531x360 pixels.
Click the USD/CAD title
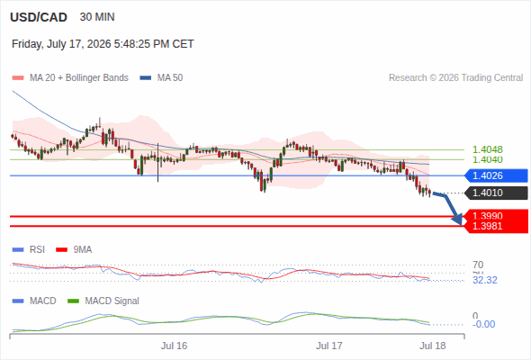pyautogui.click(x=39, y=17)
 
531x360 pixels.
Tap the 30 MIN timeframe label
pyautogui.click(x=97, y=17)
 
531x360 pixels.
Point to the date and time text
pyautogui.click(x=103, y=44)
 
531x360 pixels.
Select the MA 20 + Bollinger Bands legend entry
pyautogui.click(x=70, y=78)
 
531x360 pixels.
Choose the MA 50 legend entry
pyautogui.click(x=161, y=78)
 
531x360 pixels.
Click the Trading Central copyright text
pyautogui.click(x=455, y=78)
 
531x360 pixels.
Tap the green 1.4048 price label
pyautogui.click(x=487, y=149)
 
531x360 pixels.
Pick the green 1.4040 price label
pyautogui.click(x=487, y=159)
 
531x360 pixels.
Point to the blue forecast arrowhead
pyautogui.click(x=457, y=219)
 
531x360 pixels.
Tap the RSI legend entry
pyautogui.click(x=29, y=249)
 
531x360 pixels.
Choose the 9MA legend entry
pyautogui.click(x=74, y=249)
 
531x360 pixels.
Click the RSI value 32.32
pyautogui.click(x=485, y=280)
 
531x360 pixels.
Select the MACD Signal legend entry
pyautogui.click(x=103, y=301)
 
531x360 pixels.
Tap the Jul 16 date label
pyautogui.click(x=174, y=346)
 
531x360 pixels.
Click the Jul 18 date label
pyautogui.click(x=433, y=346)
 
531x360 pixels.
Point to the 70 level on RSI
pyautogui.click(x=478, y=265)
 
